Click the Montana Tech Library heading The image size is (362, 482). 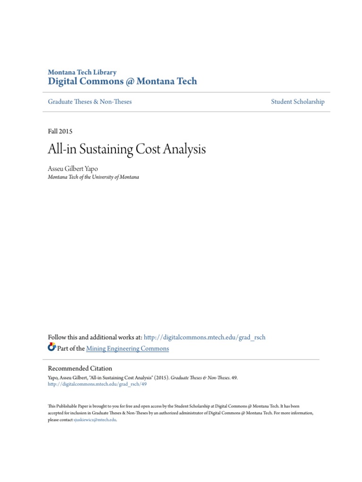(82, 72)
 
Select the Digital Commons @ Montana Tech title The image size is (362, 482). (123, 81)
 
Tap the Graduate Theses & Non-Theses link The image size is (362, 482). (90, 102)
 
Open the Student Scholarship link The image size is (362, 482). (297, 102)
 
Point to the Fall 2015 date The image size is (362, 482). (60, 131)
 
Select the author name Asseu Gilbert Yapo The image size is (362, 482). (73, 169)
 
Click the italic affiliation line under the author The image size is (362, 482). (93, 177)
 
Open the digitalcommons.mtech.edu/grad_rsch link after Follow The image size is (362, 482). (205, 337)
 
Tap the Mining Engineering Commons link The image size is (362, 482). (127, 348)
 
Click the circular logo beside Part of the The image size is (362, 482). (52, 348)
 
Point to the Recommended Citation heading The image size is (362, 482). (80, 368)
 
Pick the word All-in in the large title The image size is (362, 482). (60, 150)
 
